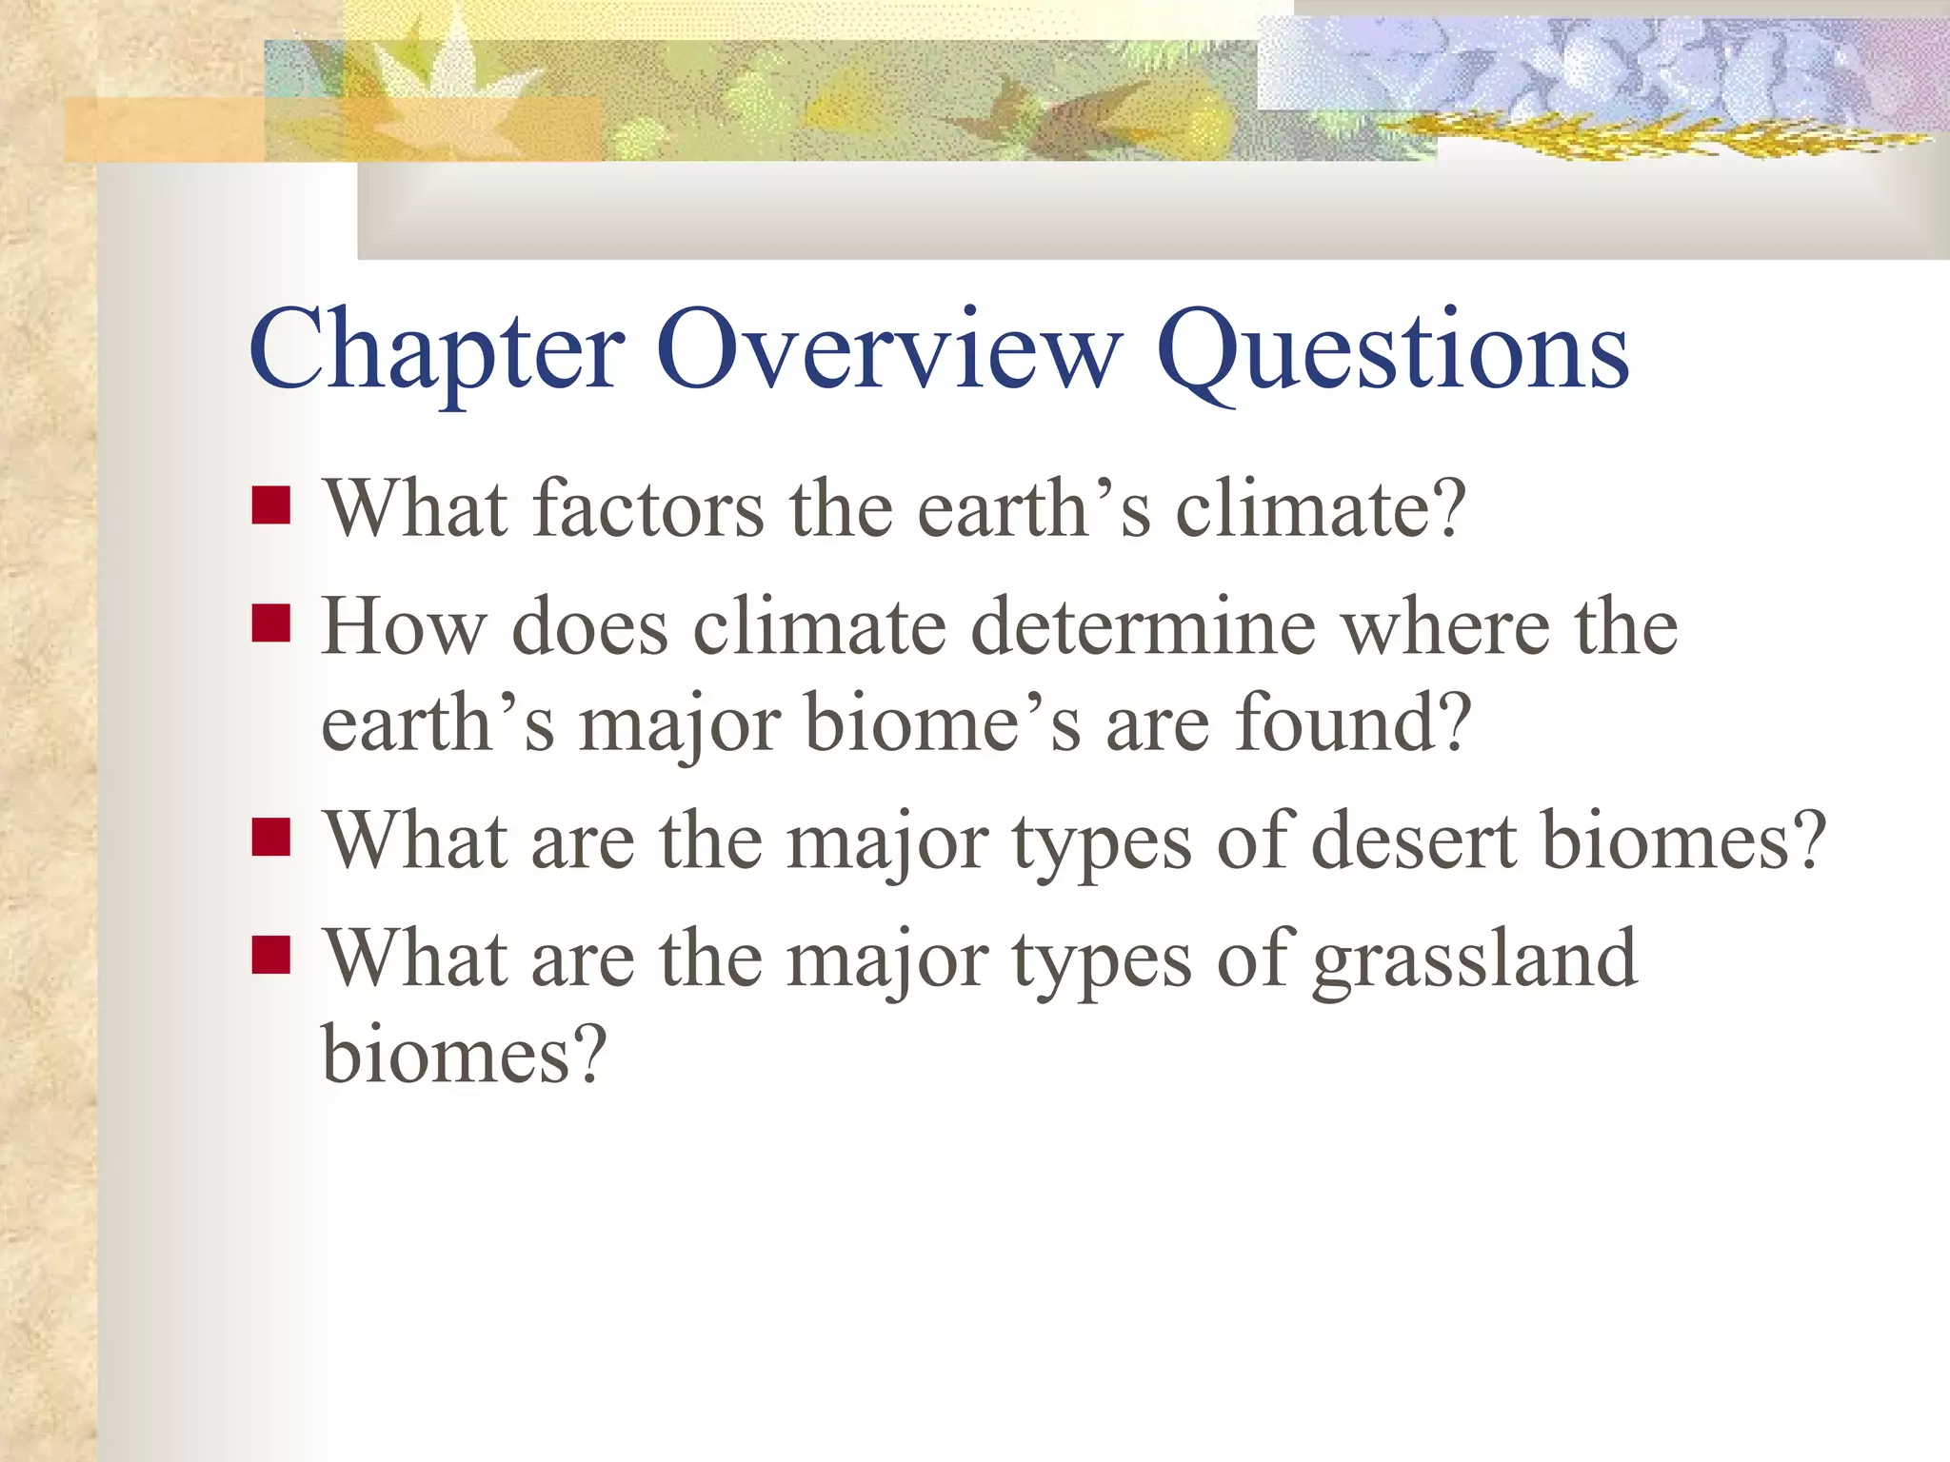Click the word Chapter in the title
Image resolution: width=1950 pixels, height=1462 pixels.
click(437, 352)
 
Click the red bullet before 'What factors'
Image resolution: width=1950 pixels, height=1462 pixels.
click(271, 505)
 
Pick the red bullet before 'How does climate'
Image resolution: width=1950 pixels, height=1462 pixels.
click(271, 624)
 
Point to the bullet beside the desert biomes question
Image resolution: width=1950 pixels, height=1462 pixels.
click(271, 838)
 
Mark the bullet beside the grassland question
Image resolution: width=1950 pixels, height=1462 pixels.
click(271, 956)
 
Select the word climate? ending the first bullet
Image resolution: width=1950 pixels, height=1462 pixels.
click(1321, 508)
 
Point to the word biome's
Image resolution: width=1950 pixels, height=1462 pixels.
click(943, 723)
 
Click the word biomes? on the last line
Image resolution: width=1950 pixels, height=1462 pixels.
click(464, 1055)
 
